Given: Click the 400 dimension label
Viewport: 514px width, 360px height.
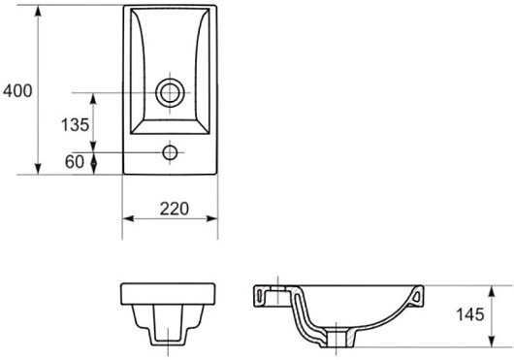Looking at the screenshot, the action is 17,91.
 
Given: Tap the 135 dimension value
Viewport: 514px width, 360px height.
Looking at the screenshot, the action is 75,124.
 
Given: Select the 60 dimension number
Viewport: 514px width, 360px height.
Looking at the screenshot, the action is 75,161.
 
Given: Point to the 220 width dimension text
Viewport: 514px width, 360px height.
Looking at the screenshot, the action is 175,209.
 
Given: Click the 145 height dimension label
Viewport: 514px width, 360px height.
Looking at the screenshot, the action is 470,314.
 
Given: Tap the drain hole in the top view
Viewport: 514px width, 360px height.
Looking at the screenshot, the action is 170,93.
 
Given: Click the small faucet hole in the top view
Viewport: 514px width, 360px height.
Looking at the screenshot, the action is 170,152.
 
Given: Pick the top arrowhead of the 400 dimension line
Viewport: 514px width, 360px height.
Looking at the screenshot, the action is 39,11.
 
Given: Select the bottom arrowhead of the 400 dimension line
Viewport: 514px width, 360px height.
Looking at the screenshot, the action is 39,169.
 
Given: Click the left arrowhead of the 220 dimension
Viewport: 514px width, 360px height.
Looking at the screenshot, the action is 128,218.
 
